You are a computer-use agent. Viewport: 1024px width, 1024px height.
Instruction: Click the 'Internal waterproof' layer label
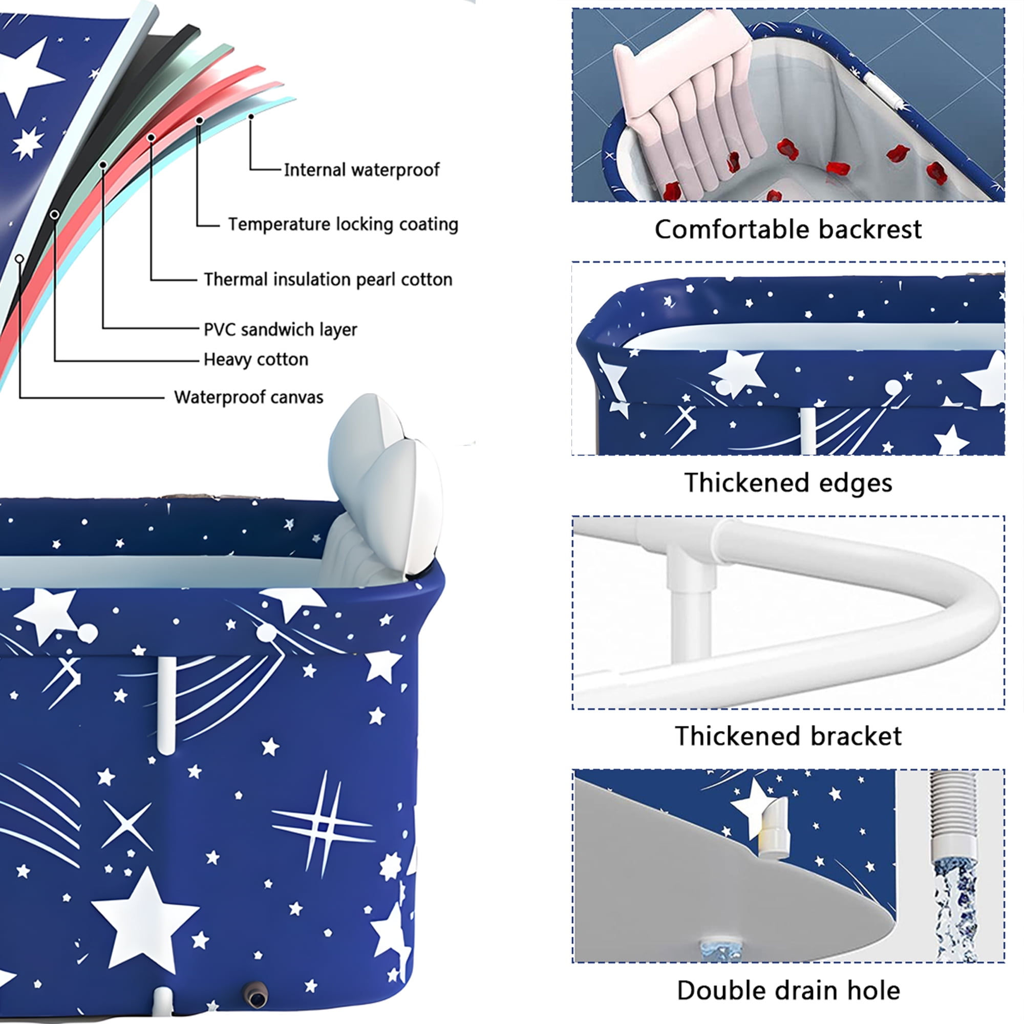click(x=361, y=169)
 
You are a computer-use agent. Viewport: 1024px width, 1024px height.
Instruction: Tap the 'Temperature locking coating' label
click(x=343, y=224)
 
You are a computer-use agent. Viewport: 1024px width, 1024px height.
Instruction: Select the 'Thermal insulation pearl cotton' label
click(x=328, y=280)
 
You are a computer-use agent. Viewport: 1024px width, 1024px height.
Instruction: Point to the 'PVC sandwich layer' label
click(x=281, y=330)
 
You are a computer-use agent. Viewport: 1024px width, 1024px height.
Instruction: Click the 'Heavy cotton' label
click(x=256, y=359)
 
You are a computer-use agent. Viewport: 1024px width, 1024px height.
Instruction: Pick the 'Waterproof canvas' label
click(x=249, y=397)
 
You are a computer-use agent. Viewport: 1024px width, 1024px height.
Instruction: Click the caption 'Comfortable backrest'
click(x=788, y=229)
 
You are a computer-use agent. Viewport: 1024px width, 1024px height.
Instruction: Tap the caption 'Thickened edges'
click(x=788, y=483)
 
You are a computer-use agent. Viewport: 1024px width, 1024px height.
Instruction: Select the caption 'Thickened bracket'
click(x=788, y=736)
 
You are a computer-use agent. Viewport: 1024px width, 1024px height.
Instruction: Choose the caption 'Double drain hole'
click(x=788, y=991)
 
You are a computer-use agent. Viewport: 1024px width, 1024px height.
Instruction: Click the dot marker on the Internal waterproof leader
click(x=251, y=116)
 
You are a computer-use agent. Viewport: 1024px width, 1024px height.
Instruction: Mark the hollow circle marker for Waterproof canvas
click(x=19, y=259)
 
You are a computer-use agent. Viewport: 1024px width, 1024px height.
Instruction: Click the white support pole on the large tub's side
click(x=166, y=705)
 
